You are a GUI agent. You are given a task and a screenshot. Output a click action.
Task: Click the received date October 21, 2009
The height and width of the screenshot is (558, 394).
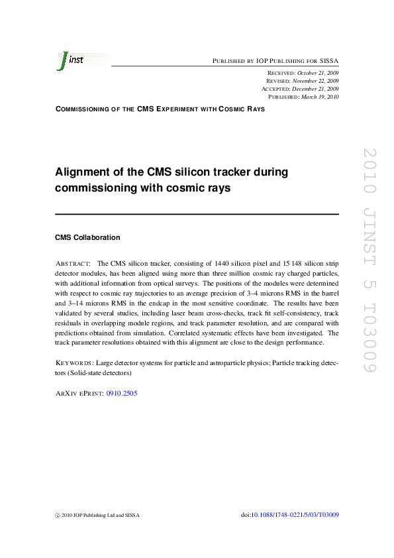point(317,72)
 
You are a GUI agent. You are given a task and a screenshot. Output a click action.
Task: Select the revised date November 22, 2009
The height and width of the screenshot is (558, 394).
point(317,80)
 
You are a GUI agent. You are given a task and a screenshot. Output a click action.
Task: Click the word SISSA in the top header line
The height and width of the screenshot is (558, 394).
point(329,60)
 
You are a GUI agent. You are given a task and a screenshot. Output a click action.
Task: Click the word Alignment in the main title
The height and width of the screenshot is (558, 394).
point(84,172)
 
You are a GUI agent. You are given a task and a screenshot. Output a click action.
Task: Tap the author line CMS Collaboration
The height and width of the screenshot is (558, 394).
point(87,237)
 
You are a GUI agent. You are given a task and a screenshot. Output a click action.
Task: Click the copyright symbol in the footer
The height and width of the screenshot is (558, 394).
point(57,516)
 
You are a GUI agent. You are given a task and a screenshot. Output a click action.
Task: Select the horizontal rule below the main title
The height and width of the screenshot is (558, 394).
point(197,214)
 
